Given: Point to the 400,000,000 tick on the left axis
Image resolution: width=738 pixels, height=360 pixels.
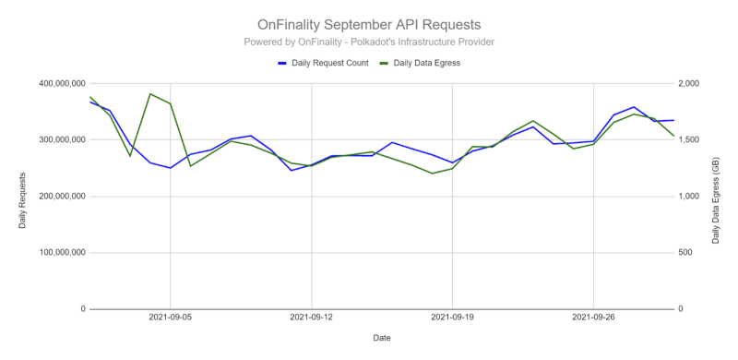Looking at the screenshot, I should pos(52,84).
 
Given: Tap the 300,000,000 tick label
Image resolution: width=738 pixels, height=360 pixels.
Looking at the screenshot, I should pos(52,140).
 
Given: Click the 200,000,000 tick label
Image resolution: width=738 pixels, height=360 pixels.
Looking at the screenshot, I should pos(52,197).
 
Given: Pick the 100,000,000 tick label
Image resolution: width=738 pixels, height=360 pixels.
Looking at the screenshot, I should pos(52,253).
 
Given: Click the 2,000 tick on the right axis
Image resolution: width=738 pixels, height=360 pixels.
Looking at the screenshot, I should pos(691,84).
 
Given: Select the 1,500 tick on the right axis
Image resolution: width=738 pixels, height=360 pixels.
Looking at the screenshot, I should pos(691,140).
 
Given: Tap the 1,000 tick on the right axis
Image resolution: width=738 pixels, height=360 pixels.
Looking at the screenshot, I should pos(691,197).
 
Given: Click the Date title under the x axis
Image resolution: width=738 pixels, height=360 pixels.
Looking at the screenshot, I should pos(381,338).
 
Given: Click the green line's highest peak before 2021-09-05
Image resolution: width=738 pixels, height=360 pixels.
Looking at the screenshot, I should pos(150,93).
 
